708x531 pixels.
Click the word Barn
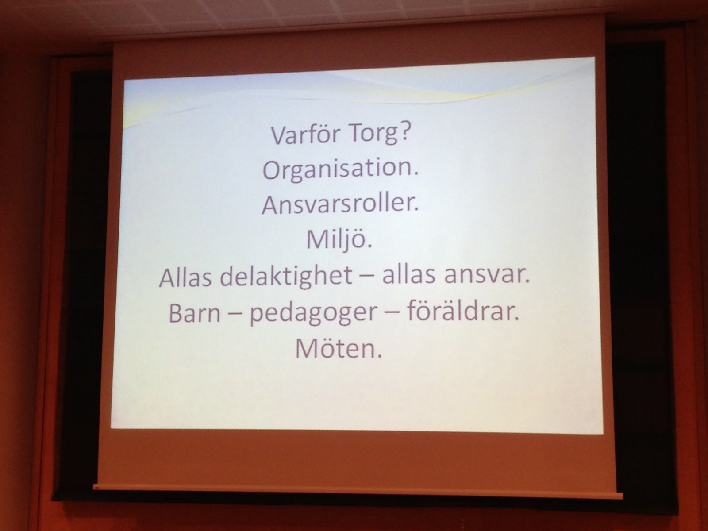click(x=194, y=312)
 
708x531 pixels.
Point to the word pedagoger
click(x=313, y=313)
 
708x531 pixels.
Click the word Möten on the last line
click(x=335, y=348)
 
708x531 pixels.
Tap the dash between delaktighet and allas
click(x=367, y=278)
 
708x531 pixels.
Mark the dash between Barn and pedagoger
click(x=235, y=314)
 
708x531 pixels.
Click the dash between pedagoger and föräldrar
click(x=392, y=313)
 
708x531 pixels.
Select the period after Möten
click(x=379, y=356)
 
